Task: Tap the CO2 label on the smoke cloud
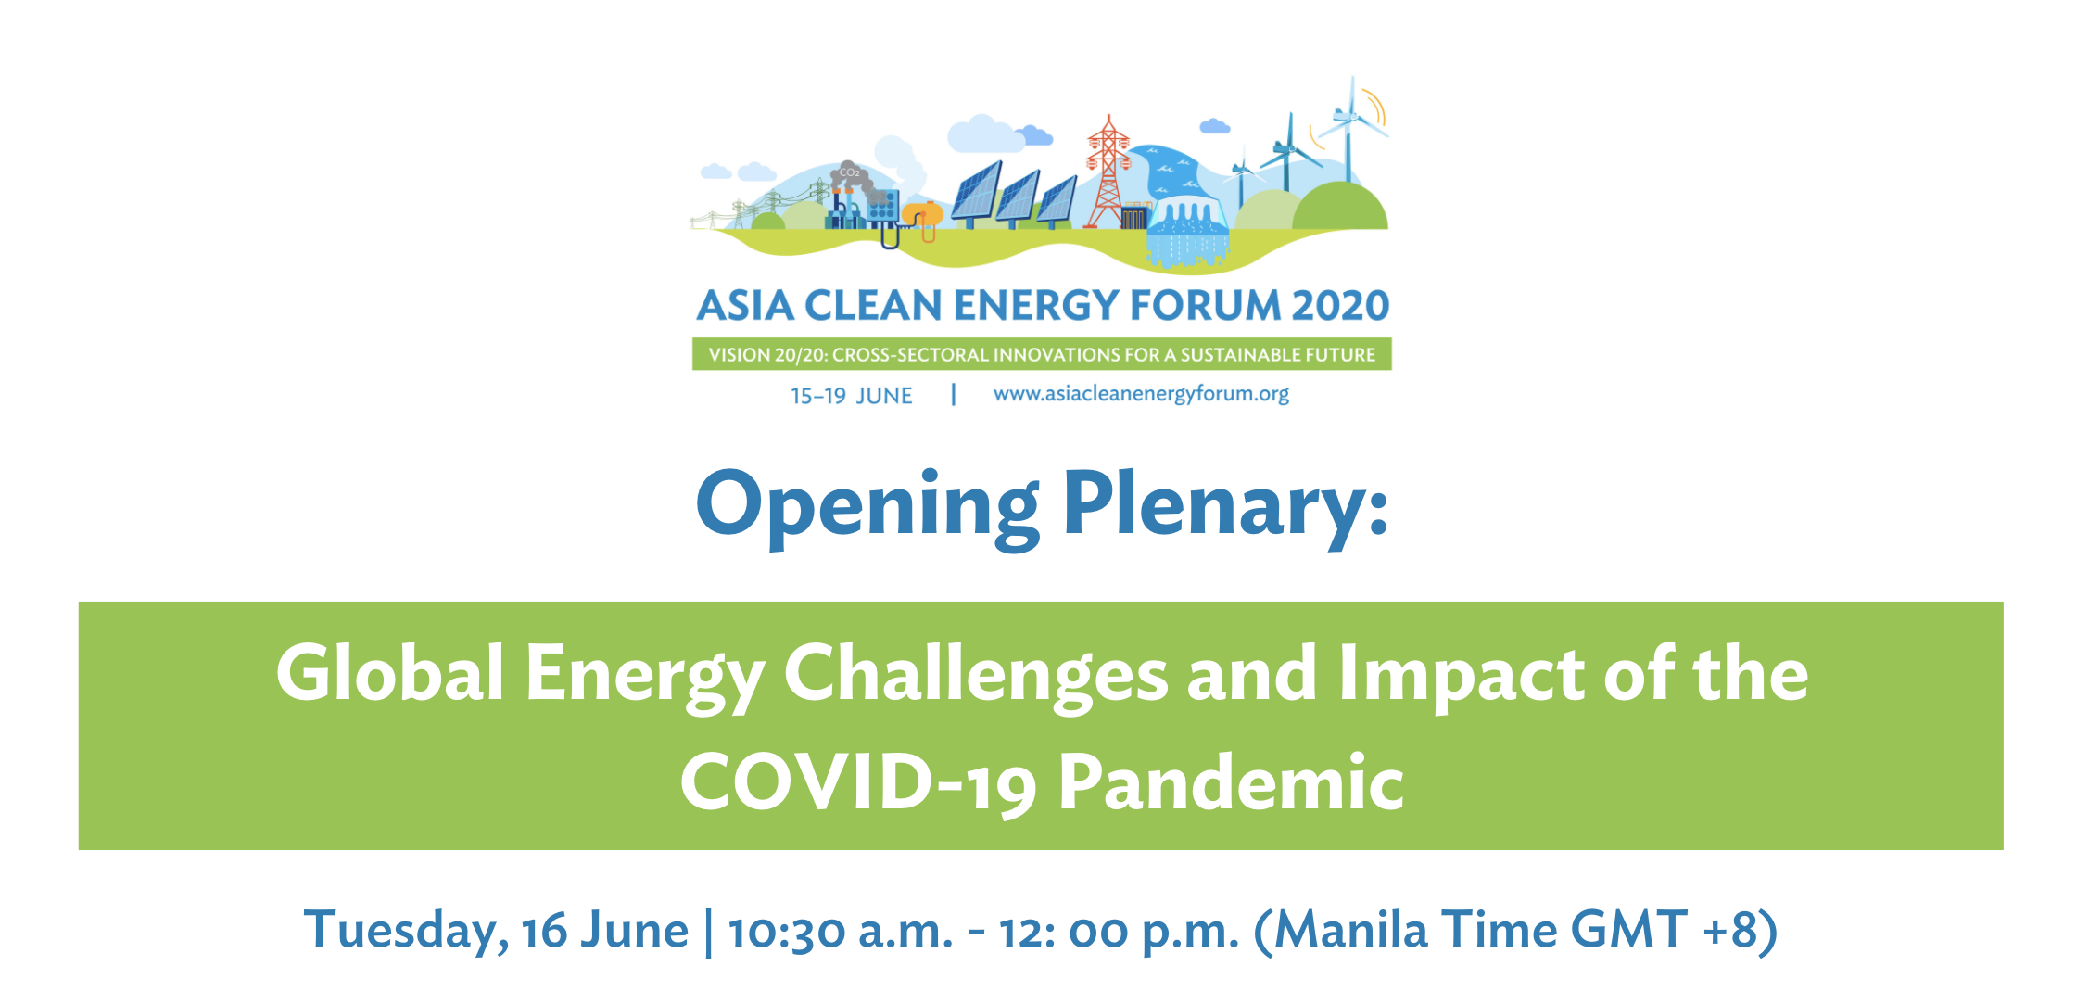[x=850, y=172]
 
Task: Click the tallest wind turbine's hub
[x=1348, y=117]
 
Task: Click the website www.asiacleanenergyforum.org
[x=1141, y=394]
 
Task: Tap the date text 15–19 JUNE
[x=851, y=396]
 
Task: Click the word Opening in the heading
[x=867, y=506]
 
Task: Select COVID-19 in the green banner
[x=858, y=783]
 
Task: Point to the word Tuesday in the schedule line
[x=406, y=931]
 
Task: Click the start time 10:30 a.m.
[x=841, y=932]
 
